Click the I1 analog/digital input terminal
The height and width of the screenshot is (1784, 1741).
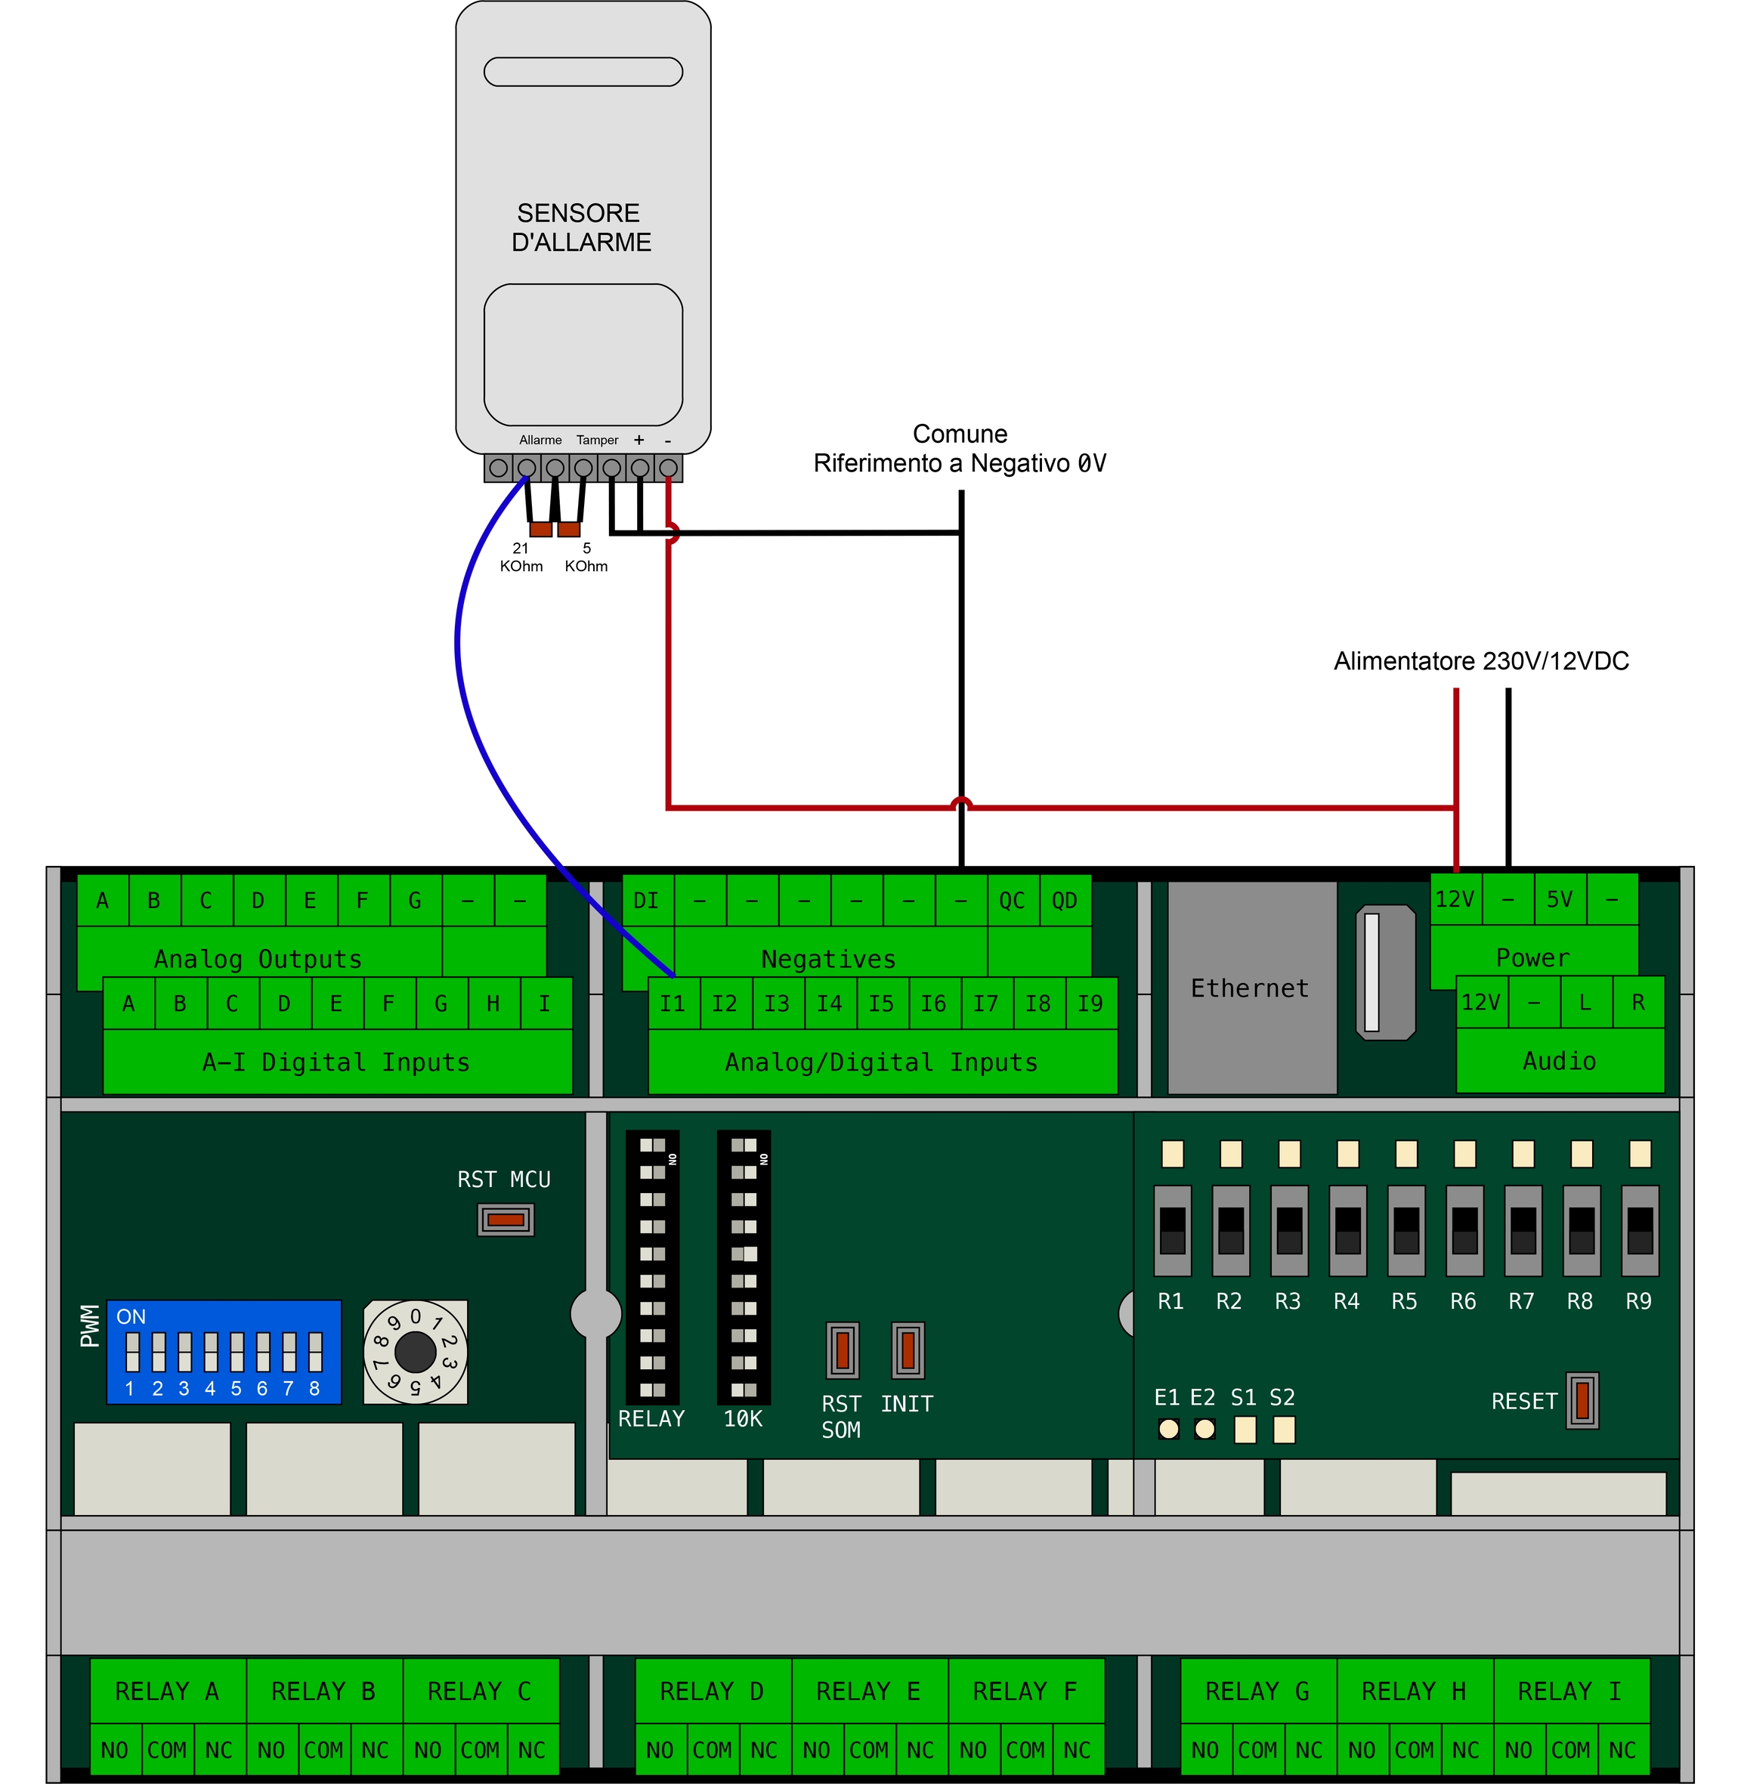click(x=673, y=1003)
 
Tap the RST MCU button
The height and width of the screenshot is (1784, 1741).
click(x=505, y=1219)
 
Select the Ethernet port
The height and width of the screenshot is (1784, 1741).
click(x=1251, y=988)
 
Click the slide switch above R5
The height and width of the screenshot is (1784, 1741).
click(x=1406, y=1230)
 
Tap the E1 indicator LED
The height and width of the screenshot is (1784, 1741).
click(x=1167, y=1428)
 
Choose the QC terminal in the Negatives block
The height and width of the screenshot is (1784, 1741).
click(x=1013, y=901)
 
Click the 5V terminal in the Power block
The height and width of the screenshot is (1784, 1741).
click(x=1560, y=900)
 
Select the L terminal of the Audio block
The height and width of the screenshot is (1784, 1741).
click(x=1585, y=1002)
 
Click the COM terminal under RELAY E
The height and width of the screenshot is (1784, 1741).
click(x=869, y=1749)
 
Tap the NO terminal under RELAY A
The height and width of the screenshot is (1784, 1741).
click(x=114, y=1749)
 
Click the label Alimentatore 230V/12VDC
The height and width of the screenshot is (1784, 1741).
click(x=1480, y=661)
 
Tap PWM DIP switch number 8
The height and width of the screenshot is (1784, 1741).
click(x=315, y=1352)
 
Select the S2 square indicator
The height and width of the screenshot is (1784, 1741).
click(x=1284, y=1429)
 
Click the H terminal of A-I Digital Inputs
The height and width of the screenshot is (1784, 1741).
click(x=493, y=1004)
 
